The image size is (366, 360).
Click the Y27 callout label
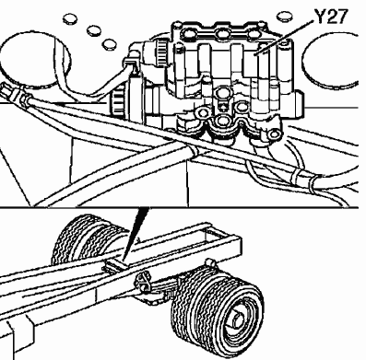tap(331, 17)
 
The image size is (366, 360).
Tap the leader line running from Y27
tap(283, 38)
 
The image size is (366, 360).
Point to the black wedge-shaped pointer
tap(136, 234)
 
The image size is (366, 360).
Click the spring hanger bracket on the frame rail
tap(143, 281)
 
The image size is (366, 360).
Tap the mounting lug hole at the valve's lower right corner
tap(273, 134)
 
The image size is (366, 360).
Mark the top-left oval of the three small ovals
tap(70, 18)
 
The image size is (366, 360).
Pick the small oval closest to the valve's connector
tap(110, 44)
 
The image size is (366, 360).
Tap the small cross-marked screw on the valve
tap(221, 106)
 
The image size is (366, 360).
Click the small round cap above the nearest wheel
tap(209, 262)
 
